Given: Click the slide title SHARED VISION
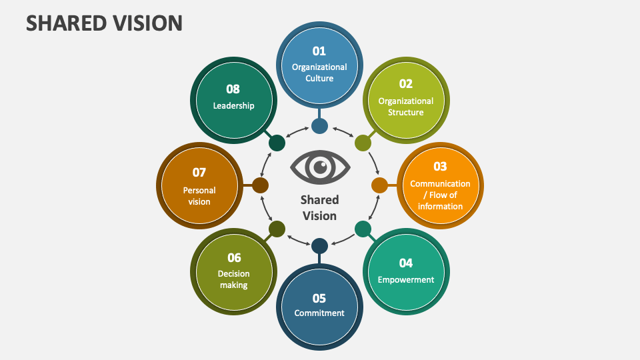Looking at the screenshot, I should [x=103, y=23].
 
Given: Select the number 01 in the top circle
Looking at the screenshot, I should [x=319, y=51].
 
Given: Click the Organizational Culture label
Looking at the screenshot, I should [x=319, y=72].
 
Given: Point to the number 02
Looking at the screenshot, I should [x=406, y=84].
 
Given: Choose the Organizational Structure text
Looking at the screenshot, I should [x=406, y=107].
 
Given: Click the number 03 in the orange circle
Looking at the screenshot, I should [x=440, y=167].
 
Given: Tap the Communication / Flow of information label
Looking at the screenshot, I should [x=440, y=195].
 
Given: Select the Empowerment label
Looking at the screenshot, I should [x=406, y=279].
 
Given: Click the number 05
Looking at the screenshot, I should [x=319, y=298].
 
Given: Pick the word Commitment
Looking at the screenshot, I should [x=319, y=313].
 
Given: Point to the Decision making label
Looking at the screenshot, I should [x=234, y=279].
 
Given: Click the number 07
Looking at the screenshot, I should [x=199, y=172].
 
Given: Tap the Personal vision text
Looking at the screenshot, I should [x=199, y=196].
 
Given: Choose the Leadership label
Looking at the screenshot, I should [x=233, y=105].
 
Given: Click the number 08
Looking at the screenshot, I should [x=233, y=89].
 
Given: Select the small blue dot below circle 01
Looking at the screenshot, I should [x=319, y=126].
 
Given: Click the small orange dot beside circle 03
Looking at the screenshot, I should [x=379, y=185].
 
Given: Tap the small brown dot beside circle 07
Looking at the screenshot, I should [x=261, y=185].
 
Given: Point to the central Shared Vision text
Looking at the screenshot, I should [x=320, y=207].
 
